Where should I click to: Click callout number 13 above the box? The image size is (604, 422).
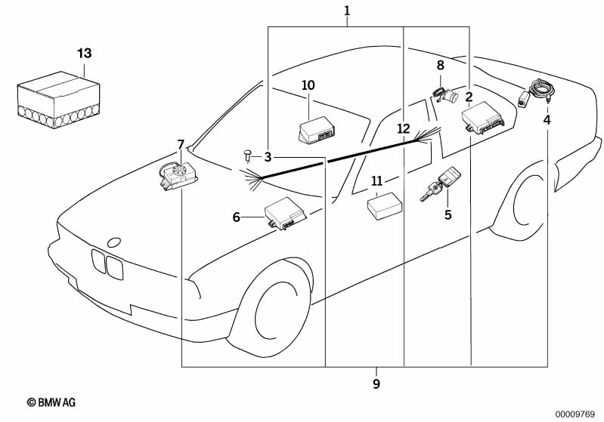[84, 53]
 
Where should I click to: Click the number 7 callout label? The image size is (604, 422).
[180, 144]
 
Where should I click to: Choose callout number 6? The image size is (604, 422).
[236, 217]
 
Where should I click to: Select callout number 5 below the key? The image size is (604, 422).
[448, 215]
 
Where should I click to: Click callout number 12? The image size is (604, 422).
[403, 128]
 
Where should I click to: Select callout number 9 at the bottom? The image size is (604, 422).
[376, 384]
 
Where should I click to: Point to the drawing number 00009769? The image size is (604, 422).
[577, 413]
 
